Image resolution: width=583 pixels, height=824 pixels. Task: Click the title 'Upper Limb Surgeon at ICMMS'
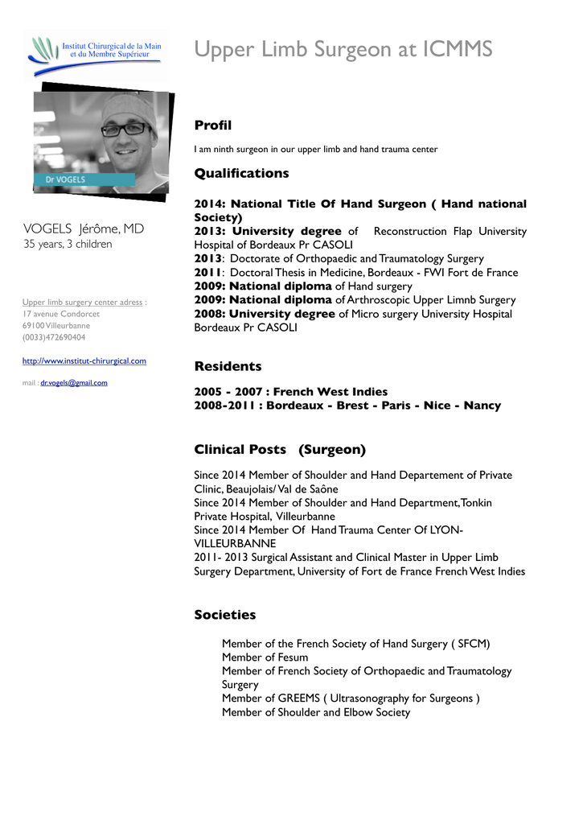(x=343, y=50)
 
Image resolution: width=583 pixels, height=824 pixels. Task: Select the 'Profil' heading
(x=212, y=126)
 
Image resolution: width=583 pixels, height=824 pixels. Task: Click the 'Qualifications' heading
(x=241, y=173)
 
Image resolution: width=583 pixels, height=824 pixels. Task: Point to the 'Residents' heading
(x=228, y=366)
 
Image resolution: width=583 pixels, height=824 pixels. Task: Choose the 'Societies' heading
(x=224, y=615)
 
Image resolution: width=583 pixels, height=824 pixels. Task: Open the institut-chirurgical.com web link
(x=84, y=361)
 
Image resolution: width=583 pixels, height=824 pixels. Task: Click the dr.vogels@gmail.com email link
(x=74, y=383)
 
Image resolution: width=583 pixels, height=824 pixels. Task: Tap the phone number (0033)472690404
(x=54, y=338)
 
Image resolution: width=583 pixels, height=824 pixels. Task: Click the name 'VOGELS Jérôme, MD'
(x=84, y=229)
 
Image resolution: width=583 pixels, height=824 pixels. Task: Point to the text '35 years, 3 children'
(x=68, y=244)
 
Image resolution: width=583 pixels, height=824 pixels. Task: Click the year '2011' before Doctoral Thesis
(x=207, y=273)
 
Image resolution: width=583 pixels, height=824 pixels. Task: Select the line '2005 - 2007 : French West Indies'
(x=290, y=392)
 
